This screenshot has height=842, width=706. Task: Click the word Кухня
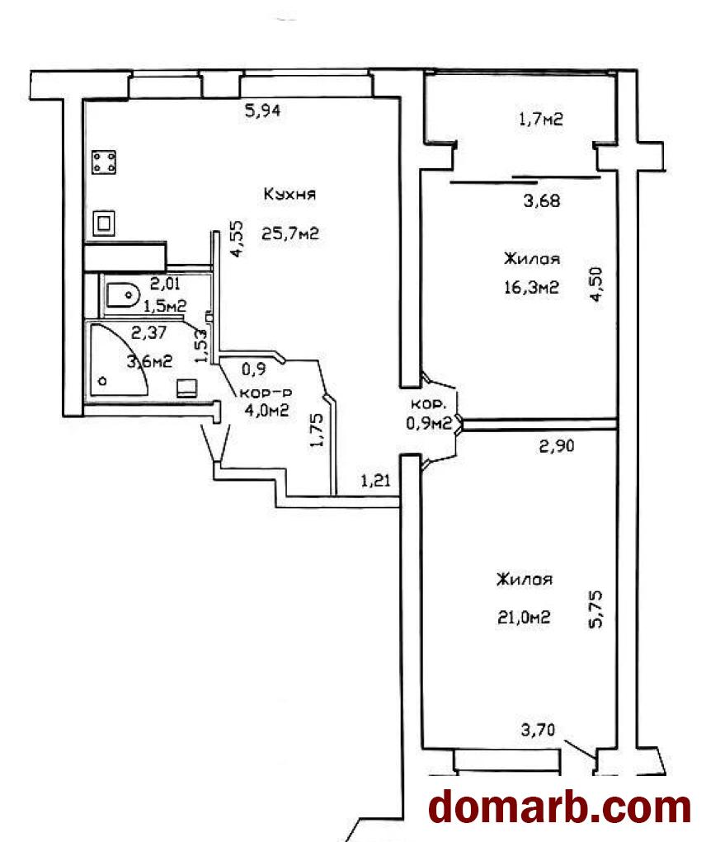289,194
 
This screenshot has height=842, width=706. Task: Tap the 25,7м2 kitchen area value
290,233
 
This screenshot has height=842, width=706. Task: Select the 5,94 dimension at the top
262,111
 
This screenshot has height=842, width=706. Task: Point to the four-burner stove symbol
104,162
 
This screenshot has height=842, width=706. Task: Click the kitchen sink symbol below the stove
104,223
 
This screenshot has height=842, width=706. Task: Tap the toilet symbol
123,294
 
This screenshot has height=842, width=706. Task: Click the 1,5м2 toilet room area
165,306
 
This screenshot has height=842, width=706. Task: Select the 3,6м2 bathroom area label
150,361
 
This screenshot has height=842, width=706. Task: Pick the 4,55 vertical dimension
237,239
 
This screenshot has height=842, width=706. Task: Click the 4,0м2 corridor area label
267,411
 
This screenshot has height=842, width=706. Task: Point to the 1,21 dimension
375,481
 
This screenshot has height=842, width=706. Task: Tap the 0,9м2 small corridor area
429,424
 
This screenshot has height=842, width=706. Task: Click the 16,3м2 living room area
531,288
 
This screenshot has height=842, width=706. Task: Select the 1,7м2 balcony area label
541,119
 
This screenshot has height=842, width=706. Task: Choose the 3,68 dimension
542,201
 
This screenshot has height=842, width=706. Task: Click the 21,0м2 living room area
524,618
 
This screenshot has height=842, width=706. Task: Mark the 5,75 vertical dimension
596,609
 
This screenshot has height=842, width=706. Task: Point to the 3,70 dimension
538,731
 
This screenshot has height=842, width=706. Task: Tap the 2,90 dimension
557,445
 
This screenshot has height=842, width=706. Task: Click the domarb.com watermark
560,807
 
